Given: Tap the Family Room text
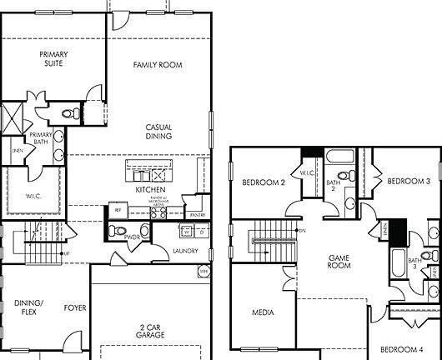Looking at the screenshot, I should (x=158, y=65).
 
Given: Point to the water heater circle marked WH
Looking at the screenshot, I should (x=203, y=271).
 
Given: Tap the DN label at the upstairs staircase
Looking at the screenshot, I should (x=302, y=230).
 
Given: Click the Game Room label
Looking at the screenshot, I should (x=339, y=261).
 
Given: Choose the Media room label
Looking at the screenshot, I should (x=264, y=312).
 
